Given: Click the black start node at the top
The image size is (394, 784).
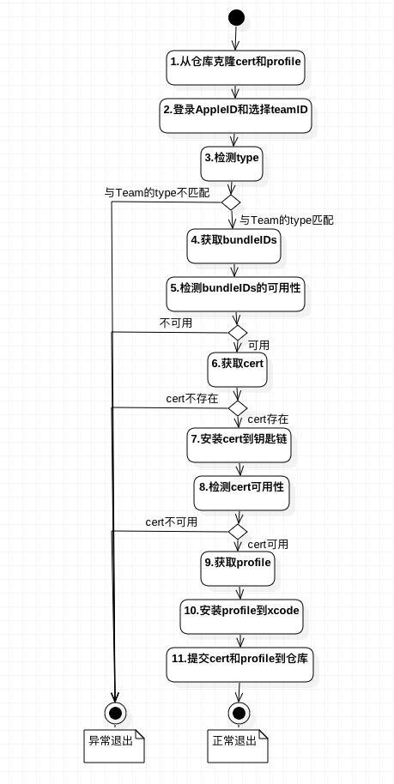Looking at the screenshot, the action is [236, 17].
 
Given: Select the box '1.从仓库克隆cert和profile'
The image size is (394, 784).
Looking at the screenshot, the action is [236, 68].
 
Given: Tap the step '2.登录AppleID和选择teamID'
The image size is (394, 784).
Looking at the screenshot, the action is [236, 116].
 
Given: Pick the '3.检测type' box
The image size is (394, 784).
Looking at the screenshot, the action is [232, 164].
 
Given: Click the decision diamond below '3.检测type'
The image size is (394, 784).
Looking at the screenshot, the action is [231, 202].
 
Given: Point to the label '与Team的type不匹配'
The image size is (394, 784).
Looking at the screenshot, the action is [157, 193].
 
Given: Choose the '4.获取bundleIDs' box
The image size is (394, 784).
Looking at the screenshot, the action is [233, 246].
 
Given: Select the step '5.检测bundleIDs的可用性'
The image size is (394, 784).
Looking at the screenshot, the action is [236, 294].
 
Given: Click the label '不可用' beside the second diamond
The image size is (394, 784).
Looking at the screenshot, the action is [176, 323].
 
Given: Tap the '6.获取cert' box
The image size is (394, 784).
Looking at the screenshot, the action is [237, 370].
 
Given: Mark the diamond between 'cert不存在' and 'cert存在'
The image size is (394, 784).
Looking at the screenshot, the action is [238, 407].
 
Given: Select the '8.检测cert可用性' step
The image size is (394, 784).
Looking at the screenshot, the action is [242, 493].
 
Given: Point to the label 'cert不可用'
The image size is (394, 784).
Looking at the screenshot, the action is [171, 522].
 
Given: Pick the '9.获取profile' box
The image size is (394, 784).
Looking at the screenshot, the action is [239, 569].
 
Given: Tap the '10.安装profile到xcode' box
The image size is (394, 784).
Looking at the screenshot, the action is [242, 617].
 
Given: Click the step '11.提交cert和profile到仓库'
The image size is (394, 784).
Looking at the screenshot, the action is [239, 664].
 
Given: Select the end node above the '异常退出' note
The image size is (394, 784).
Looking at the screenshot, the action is [115, 712].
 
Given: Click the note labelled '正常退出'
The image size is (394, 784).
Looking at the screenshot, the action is [238, 745].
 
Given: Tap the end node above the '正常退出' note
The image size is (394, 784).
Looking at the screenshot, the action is [238, 712].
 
